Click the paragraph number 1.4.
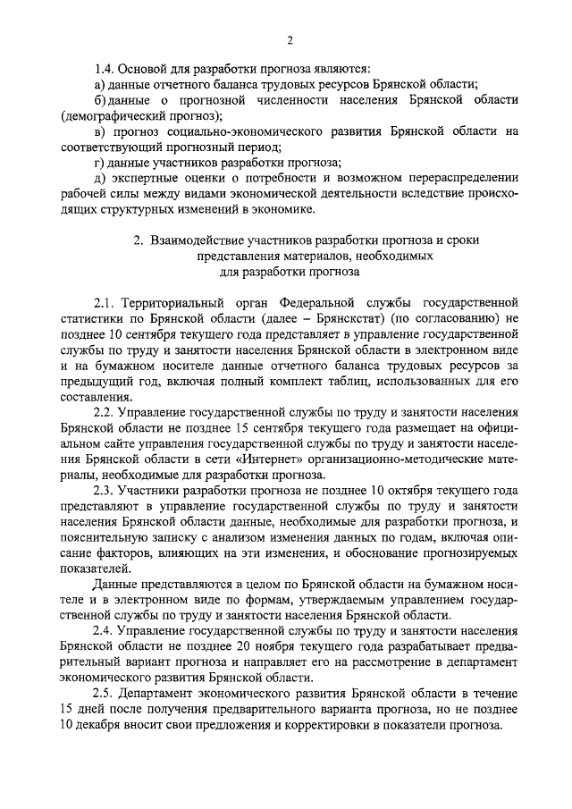click(106, 67)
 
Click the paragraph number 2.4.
click(106, 632)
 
